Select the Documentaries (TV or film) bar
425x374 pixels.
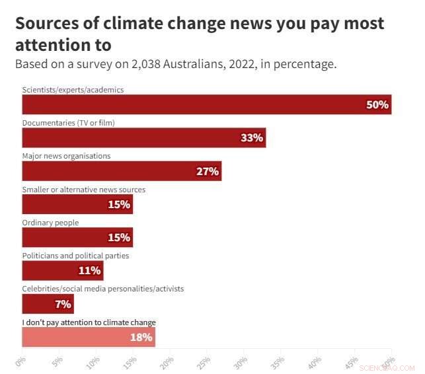144,137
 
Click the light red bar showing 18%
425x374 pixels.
89,337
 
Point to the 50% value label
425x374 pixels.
377,105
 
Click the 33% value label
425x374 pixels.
252,138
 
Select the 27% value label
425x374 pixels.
208,171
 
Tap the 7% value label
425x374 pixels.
63,304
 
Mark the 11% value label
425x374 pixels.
89,270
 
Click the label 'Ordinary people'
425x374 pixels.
50,223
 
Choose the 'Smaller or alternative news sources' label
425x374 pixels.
84,190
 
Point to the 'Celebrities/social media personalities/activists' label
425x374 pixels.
103,289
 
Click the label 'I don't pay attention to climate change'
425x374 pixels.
89,322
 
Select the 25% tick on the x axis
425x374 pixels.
204,362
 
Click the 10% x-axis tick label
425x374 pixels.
94,362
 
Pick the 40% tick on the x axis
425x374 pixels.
315,362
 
